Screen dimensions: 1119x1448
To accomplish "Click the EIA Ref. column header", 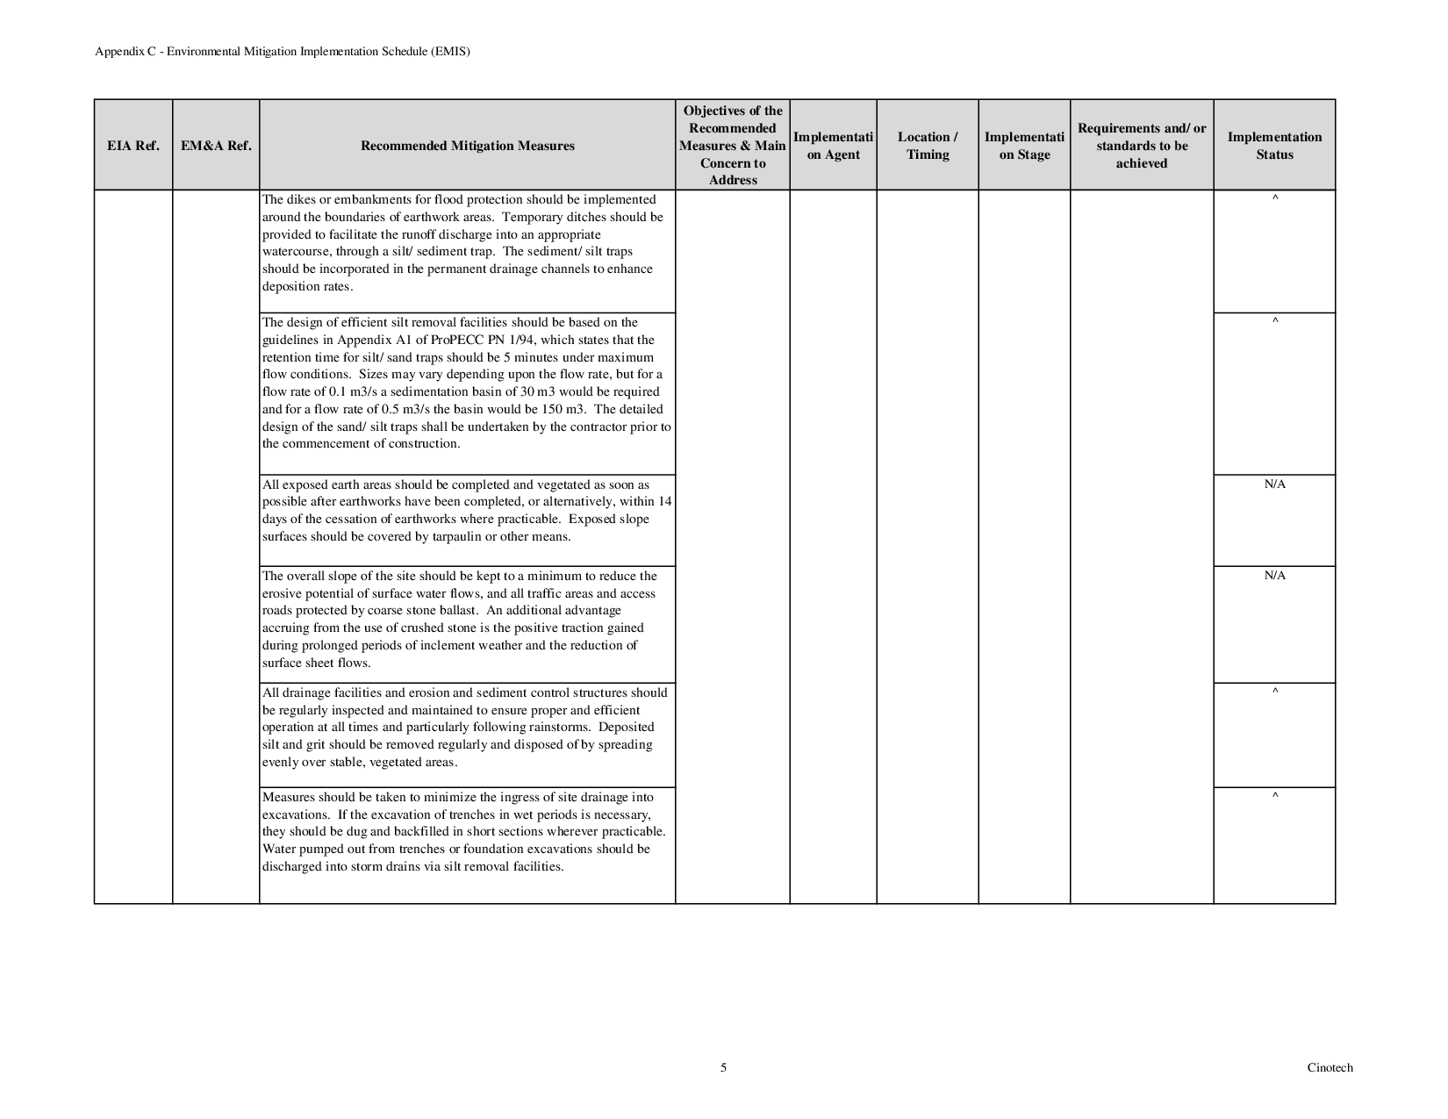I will pos(133,146).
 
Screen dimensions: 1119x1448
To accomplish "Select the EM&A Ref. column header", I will pos(216,146).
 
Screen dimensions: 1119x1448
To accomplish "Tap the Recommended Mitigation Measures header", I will pos(468,146).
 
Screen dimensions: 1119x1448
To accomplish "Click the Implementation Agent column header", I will pos(833,146).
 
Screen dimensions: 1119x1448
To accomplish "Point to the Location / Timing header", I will pos(928,146).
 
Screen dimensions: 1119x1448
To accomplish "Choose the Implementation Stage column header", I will pos(1024,146).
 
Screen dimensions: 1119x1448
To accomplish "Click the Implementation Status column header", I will pos(1274,146).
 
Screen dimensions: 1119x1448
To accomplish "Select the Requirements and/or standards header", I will pos(1142,146).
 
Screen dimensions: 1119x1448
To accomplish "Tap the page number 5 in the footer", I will pos(723,1068).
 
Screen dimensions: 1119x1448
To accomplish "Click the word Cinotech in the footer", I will pos(1330,1068).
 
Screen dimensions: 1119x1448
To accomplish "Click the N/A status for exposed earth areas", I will pos(1274,484).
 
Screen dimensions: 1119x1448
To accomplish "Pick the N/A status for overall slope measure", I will pos(1274,576).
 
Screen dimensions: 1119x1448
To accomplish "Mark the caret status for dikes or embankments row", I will pos(1275,199).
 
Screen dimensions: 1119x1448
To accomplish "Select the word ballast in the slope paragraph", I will pos(455,610).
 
